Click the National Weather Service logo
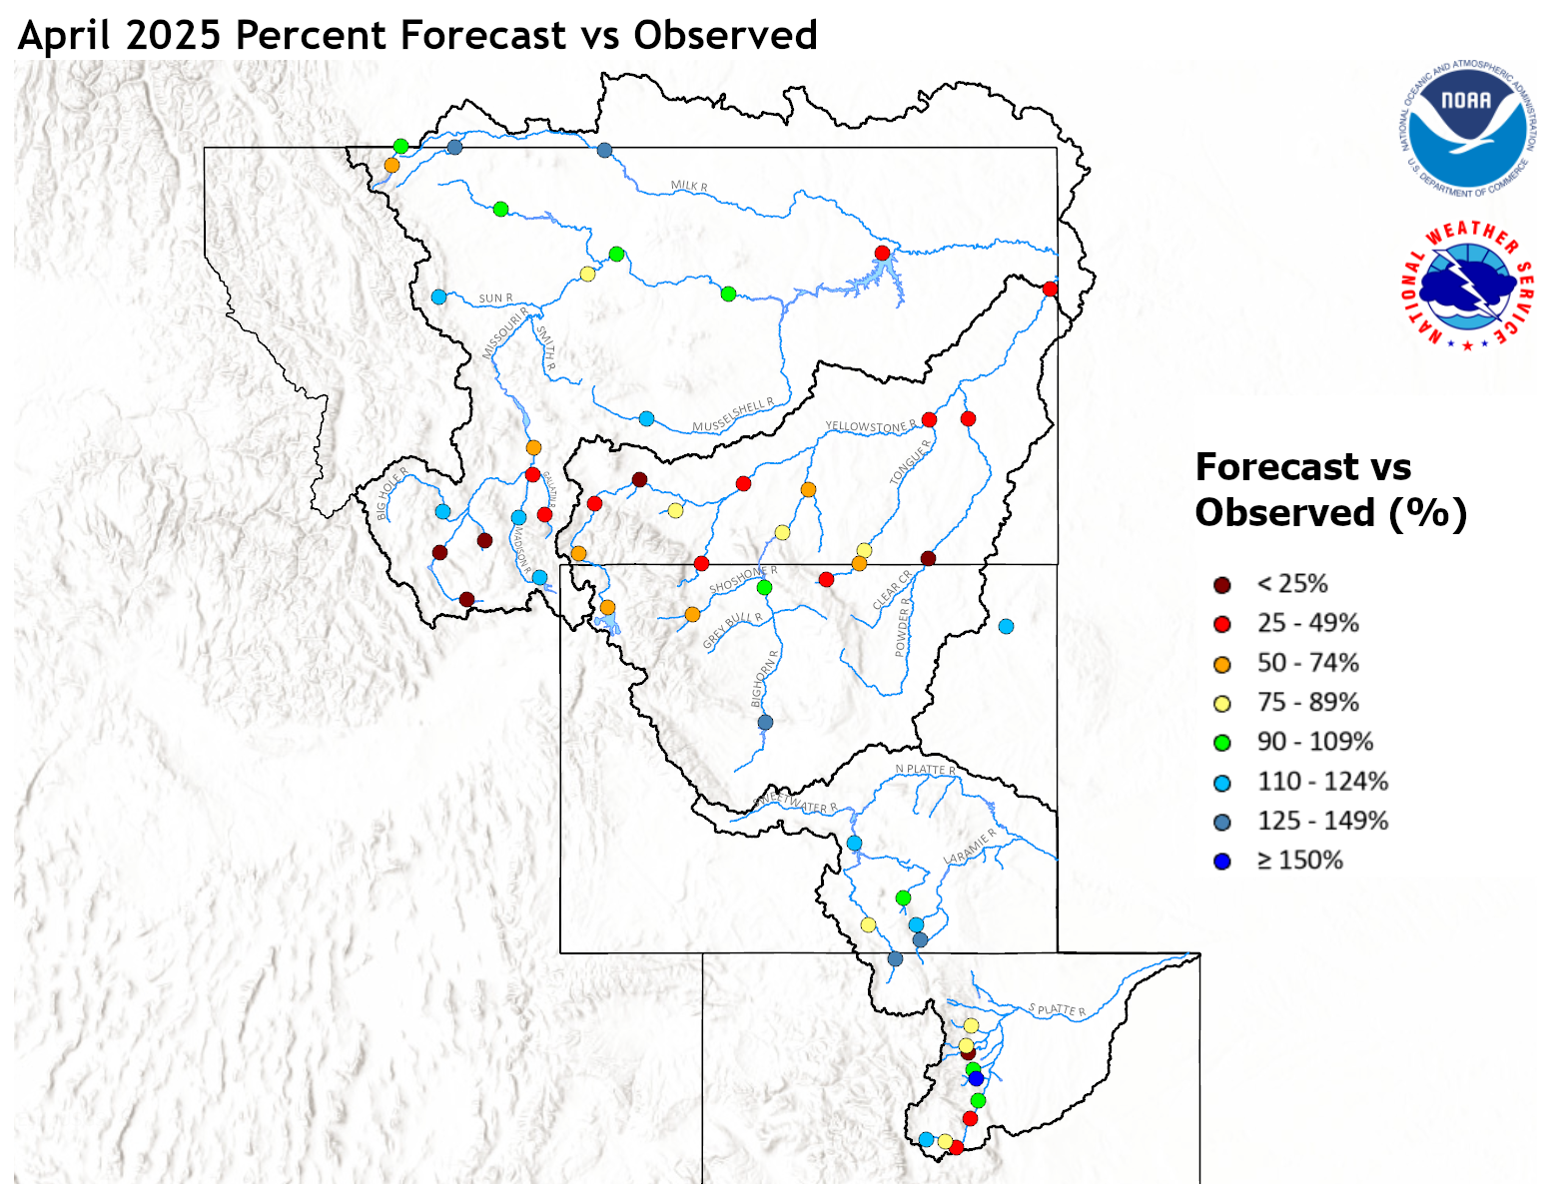pos(1467,286)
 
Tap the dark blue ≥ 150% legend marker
pos(1221,862)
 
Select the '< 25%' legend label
pos(1291,584)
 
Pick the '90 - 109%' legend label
pos(1314,742)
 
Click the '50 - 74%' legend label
pos(1307,663)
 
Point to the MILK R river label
pos(689,186)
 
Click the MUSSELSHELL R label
pos(733,415)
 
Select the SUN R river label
pos(495,298)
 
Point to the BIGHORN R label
pos(765,679)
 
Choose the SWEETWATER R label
pos(795,803)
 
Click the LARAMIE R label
pos(970,848)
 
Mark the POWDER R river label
pos(903,627)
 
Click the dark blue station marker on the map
pos(976,1078)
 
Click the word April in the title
pos(67,36)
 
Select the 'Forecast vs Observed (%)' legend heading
pos(1329,490)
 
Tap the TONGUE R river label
pos(910,461)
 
